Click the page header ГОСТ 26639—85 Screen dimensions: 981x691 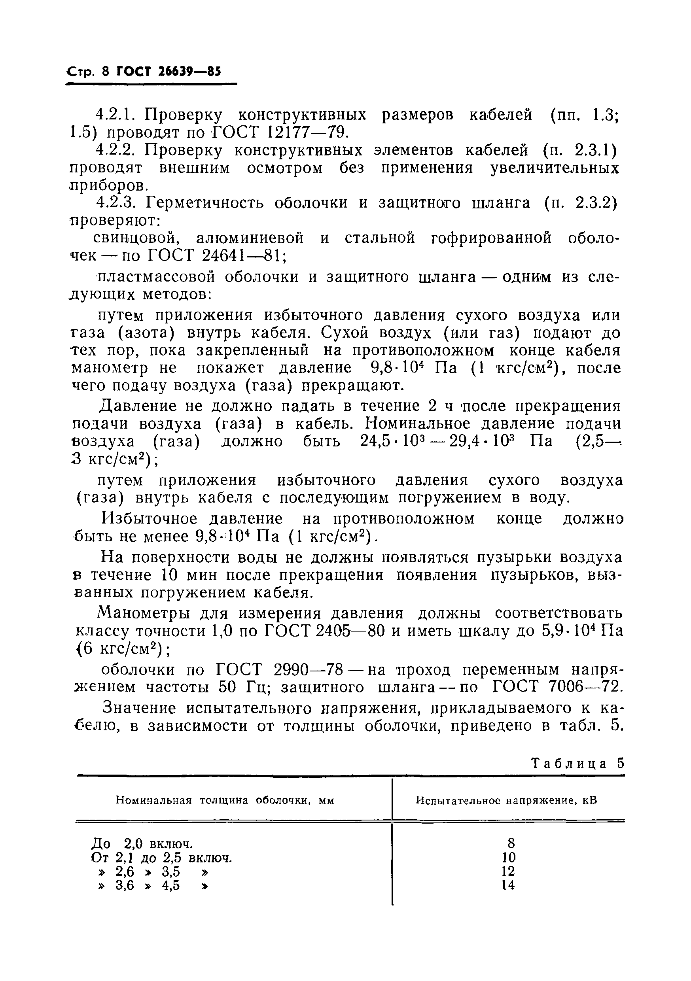click(x=168, y=71)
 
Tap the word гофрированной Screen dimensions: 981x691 click(x=491, y=238)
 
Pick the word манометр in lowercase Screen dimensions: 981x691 click(x=110, y=368)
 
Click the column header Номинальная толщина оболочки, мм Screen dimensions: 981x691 click(x=225, y=800)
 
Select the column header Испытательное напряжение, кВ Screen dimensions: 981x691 click(x=506, y=800)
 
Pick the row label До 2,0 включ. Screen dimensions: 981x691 click(x=142, y=844)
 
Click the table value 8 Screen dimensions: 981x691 click(x=511, y=843)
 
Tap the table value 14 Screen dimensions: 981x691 click(x=508, y=885)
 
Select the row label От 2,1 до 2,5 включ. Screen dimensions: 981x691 click(x=161, y=858)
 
